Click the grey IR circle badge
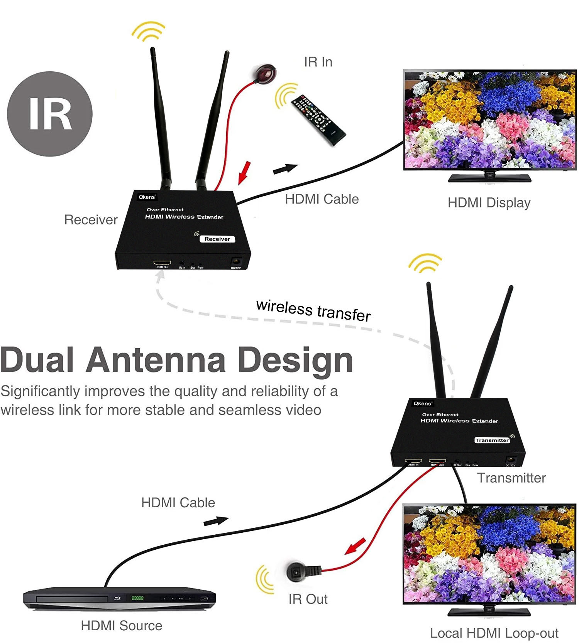[x=50, y=114]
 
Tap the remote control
[x=318, y=120]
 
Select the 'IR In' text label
[x=318, y=62]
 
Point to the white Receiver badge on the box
[x=217, y=239]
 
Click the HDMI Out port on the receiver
[x=162, y=263]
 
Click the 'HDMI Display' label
[x=489, y=203]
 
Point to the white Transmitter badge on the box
[x=492, y=440]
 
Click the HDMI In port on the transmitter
[x=413, y=461]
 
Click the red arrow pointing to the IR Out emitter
[x=355, y=546]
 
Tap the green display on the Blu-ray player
[x=137, y=598]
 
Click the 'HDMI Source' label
[x=121, y=626]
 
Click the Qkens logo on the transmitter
[x=423, y=404]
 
